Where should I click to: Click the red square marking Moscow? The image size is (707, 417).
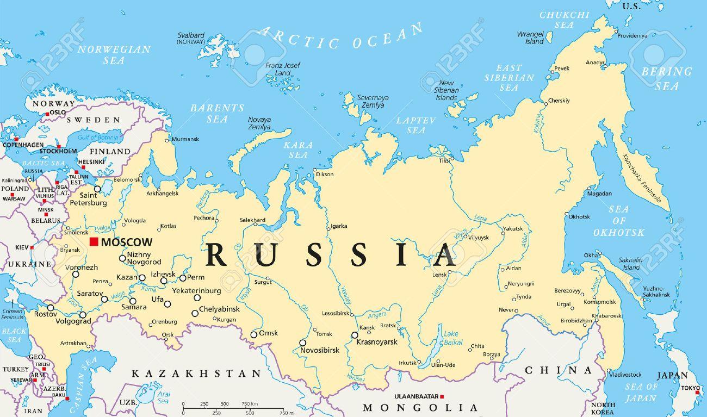[x=94, y=241]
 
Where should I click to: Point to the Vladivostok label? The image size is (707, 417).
[x=625, y=374]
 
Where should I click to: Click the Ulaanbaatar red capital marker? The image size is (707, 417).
[x=443, y=396]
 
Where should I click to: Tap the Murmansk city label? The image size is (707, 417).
[x=185, y=139]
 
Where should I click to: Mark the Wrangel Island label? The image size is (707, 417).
[x=530, y=38]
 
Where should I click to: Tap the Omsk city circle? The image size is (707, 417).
[x=253, y=334]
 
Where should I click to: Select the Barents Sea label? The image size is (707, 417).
[x=209, y=113]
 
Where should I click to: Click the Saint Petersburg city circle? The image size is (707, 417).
[x=98, y=189]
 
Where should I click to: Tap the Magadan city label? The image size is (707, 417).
[x=599, y=194]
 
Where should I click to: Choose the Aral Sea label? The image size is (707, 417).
[x=163, y=397]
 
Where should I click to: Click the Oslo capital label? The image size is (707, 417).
[x=57, y=113]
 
